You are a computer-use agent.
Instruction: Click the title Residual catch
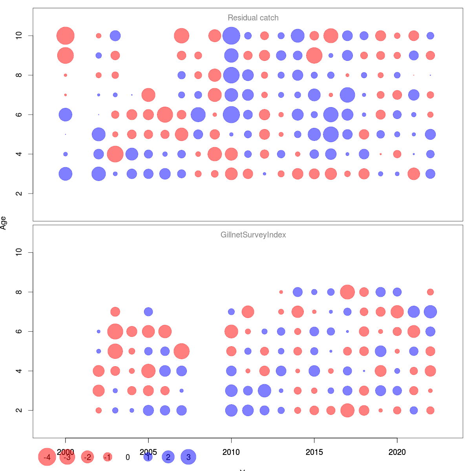253,18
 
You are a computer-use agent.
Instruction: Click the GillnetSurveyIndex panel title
253,235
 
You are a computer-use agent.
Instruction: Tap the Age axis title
4,223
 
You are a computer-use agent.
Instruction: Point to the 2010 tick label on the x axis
231,452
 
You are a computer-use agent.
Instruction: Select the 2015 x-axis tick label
314,452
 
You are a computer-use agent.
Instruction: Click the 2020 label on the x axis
397,452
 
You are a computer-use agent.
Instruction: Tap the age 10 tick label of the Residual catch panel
19,36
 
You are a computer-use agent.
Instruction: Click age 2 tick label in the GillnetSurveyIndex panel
19,410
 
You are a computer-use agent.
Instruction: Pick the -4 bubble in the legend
47,457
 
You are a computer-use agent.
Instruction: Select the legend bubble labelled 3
188,457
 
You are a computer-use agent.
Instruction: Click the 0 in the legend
128,457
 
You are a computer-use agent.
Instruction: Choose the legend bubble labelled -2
88,457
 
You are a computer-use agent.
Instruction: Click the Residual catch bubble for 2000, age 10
66,36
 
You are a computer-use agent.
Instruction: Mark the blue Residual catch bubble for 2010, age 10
231,36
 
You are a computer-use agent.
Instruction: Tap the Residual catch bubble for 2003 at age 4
115,154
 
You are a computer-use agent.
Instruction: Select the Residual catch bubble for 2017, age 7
347,95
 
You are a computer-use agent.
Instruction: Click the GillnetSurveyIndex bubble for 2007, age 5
181,351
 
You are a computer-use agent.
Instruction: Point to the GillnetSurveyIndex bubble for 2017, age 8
347,292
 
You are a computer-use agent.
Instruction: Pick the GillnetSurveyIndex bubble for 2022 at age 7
430,312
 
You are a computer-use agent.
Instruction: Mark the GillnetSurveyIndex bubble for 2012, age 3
265,391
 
